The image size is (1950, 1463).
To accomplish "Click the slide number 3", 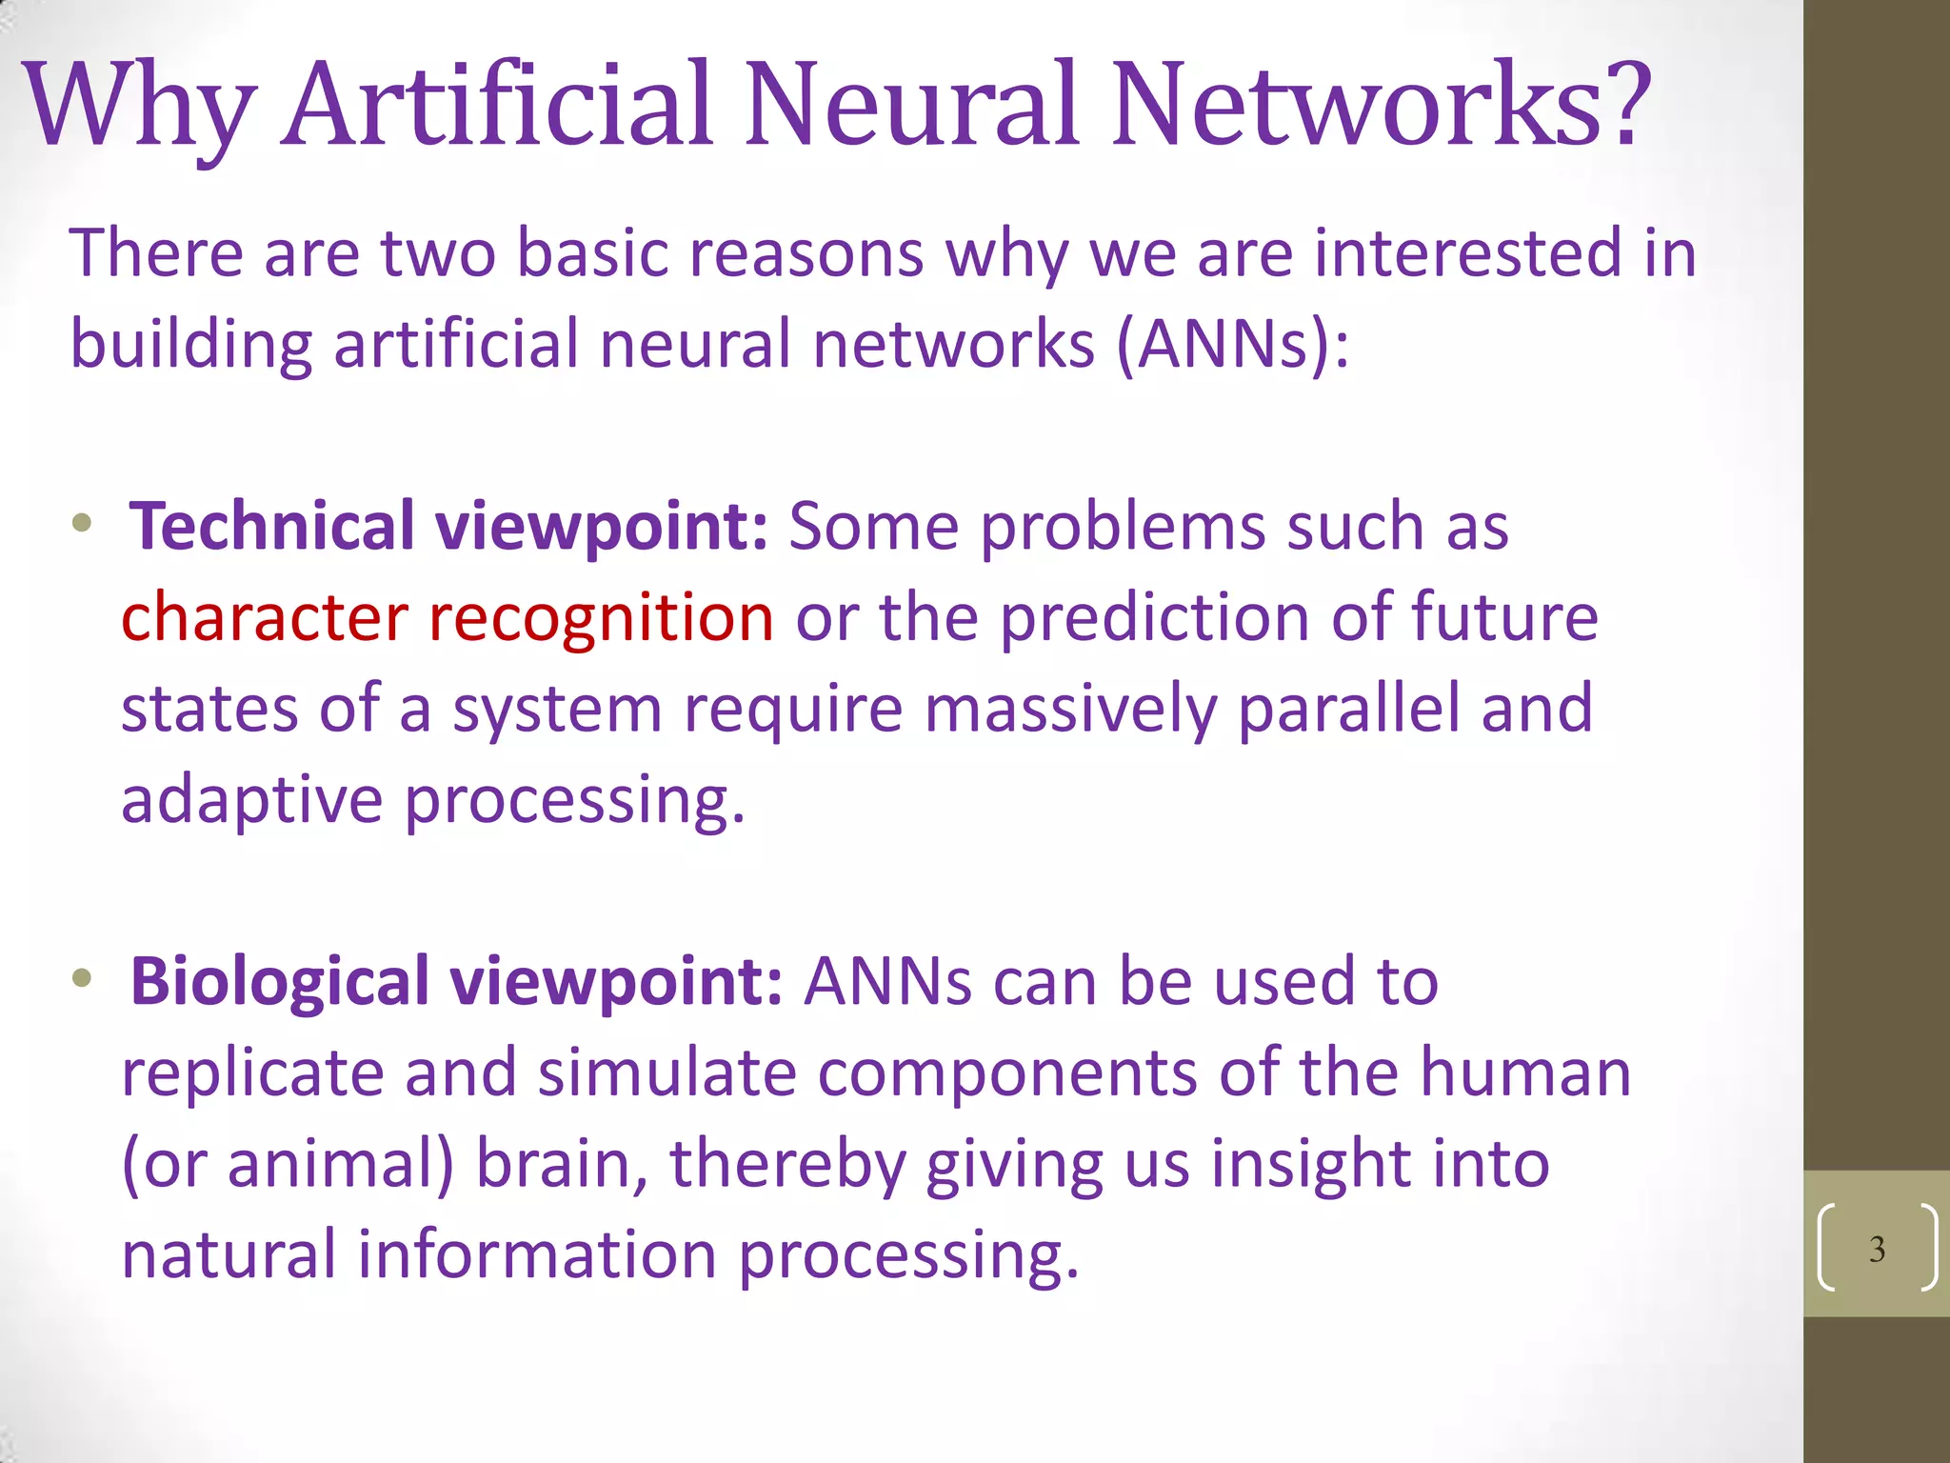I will [x=1877, y=1249].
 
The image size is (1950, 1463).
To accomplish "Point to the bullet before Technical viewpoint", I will [x=82, y=523].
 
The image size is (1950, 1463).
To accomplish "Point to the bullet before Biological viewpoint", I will [x=82, y=978].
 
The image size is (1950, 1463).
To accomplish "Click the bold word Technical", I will [x=271, y=527].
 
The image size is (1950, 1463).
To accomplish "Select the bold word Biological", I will [x=280, y=982].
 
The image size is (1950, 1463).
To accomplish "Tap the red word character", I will [x=265, y=617].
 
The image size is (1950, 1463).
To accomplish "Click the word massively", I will [x=1070, y=710].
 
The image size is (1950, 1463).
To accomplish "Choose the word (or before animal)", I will [x=164, y=1164].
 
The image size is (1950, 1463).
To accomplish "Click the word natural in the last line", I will [x=229, y=1254].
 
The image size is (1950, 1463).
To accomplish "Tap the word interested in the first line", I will [x=1467, y=254].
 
